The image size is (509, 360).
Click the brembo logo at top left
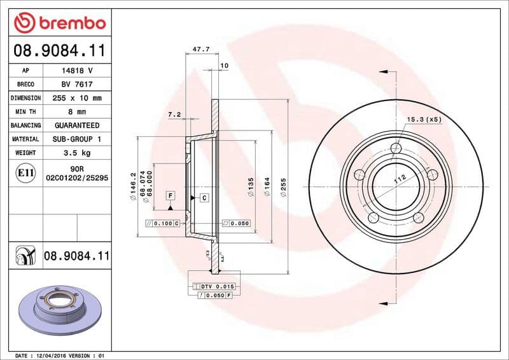(59, 24)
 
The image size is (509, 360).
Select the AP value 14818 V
(77, 71)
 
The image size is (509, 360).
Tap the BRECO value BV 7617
(77, 84)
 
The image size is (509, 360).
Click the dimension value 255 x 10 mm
(77, 98)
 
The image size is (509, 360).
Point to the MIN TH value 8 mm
(77, 112)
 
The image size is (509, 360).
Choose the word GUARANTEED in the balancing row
(77, 125)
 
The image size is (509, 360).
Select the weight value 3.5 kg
(77, 153)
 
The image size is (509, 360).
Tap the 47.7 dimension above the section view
(201, 49)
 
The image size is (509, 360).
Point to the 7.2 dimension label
(174, 114)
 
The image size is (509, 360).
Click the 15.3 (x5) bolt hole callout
(424, 119)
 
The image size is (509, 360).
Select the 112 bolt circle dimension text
(399, 180)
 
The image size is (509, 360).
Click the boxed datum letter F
(171, 194)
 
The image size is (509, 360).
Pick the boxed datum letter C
(204, 198)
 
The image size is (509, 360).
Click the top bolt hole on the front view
(396, 149)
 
